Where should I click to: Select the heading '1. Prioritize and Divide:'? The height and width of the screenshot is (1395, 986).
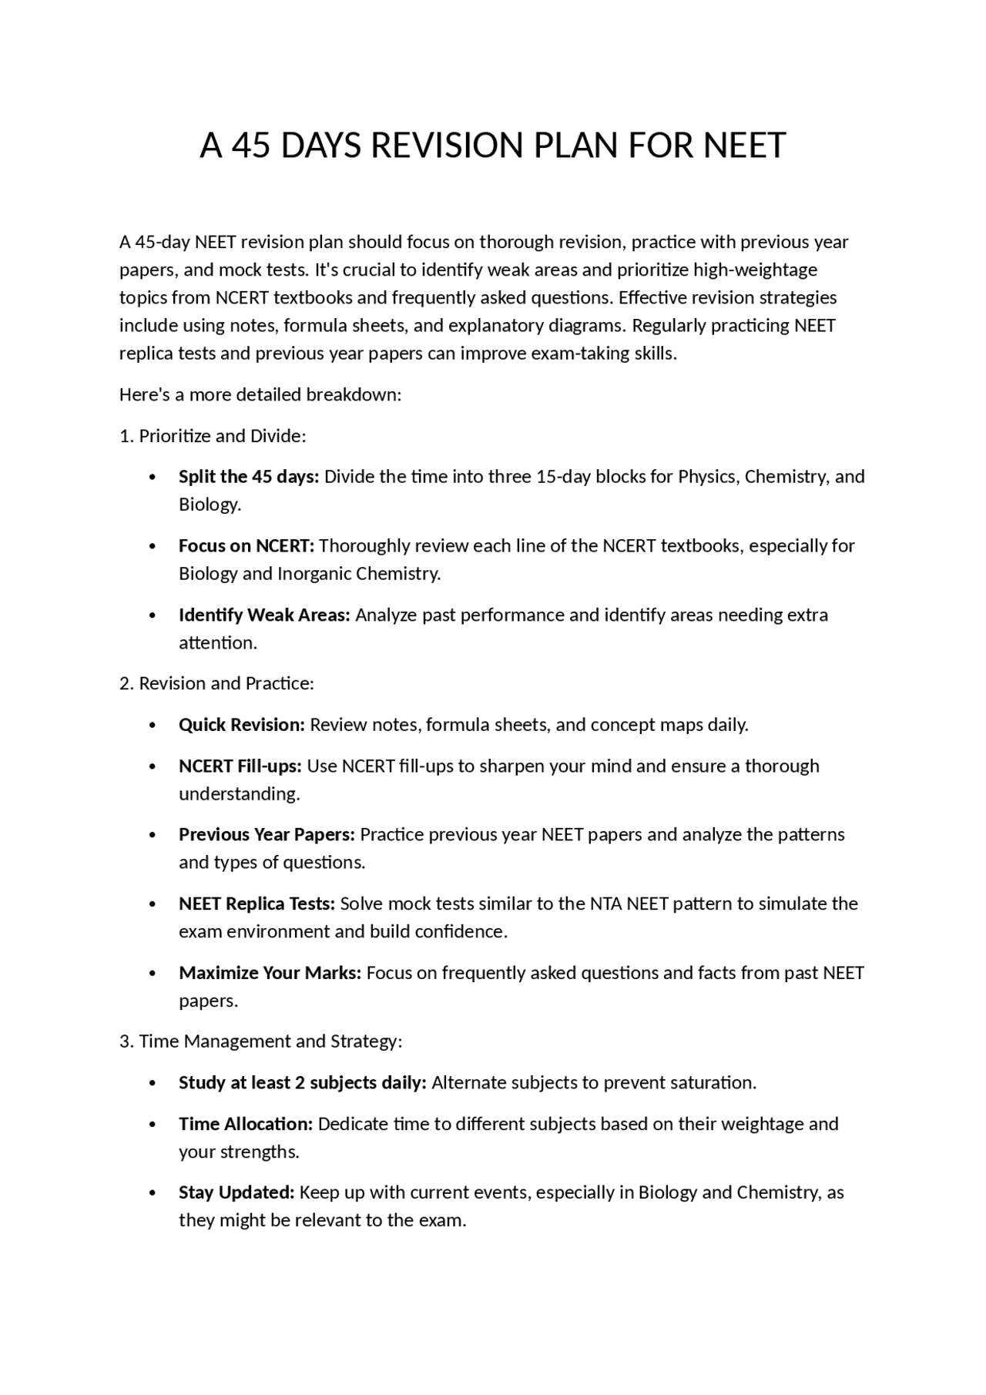[213, 436]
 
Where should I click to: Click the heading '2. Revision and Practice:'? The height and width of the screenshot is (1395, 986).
[216, 683]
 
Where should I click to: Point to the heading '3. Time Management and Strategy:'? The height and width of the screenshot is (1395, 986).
[260, 1041]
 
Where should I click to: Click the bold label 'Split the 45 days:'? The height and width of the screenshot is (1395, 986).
[249, 477]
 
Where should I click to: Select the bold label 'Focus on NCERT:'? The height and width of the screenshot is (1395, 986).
[246, 546]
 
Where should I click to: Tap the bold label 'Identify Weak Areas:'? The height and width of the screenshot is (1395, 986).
[264, 615]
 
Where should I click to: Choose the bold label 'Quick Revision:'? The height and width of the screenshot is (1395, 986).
[242, 725]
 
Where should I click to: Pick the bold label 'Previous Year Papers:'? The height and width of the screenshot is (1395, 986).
[267, 835]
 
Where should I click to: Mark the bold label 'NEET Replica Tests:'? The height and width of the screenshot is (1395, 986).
[257, 904]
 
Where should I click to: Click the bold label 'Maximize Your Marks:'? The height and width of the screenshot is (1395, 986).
[270, 973]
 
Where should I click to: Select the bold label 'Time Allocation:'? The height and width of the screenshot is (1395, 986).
[246, 1124]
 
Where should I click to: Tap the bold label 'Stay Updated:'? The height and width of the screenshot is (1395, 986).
[236, 1192]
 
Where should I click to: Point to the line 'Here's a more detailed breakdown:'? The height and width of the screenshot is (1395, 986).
[260, 395]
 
